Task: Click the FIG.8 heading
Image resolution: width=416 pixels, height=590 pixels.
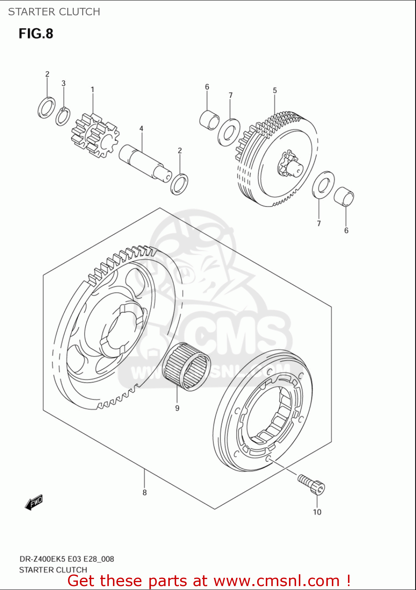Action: [36, 34]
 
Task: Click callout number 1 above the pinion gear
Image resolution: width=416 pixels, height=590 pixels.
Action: [92, 90]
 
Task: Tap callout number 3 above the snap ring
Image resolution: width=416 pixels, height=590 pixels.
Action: [63, 83]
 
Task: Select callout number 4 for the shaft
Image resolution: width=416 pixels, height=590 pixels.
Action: [141, 129]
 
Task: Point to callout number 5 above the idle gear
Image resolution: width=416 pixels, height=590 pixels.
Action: [275, 90]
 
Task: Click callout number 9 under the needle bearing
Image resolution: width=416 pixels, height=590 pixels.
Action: [177, 408]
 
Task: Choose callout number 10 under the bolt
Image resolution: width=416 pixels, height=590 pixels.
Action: [317, 512]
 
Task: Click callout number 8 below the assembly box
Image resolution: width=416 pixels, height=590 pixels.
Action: [145, 492]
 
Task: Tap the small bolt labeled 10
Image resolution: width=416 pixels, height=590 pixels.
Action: [312, 485]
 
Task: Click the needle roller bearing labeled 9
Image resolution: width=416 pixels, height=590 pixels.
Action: [186, 366]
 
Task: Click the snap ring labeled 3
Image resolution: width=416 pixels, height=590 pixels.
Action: [63, 116]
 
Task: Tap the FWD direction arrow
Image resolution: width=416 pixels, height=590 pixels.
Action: [34, 502]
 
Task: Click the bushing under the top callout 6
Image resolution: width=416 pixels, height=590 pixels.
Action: [210, 120]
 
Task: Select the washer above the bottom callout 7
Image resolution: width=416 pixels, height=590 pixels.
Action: [323, 185]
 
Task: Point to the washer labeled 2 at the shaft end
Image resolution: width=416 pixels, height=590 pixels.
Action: [179, 184]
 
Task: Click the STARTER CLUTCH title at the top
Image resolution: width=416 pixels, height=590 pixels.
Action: [54, 12]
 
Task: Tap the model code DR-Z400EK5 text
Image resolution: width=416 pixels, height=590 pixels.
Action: [43, 559]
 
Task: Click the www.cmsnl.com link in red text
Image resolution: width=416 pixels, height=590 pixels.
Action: [276, 581]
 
